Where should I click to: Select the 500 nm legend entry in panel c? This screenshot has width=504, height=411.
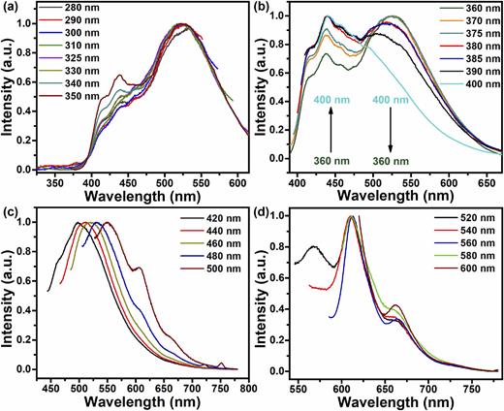point(206,287)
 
